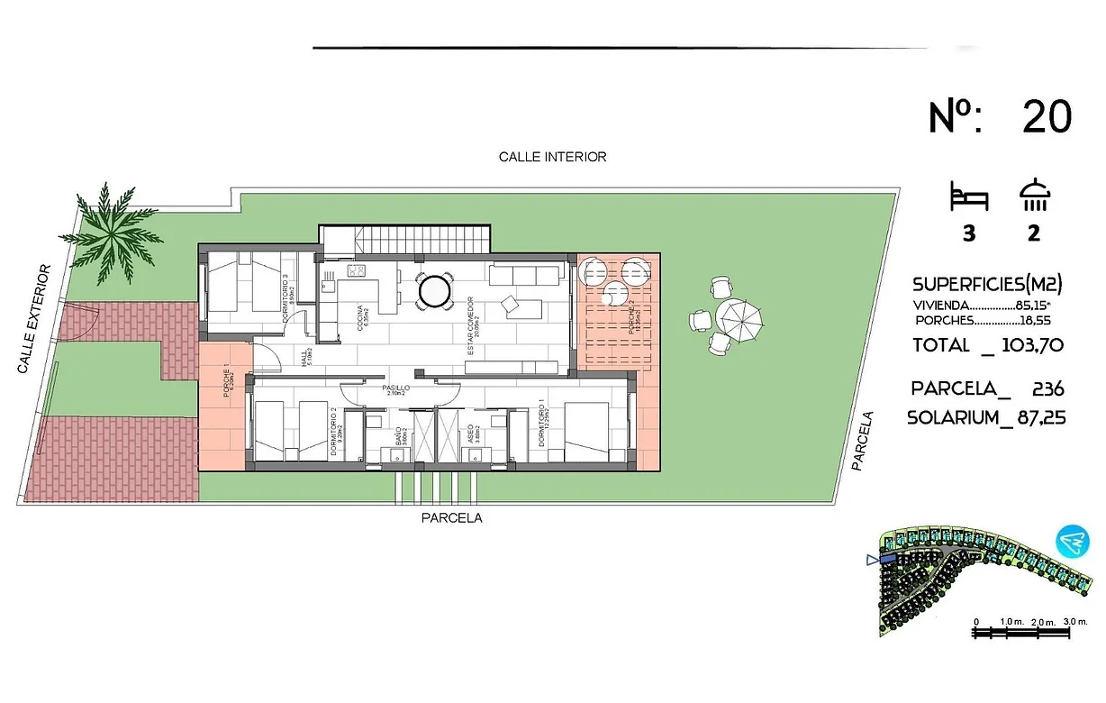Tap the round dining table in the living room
coord(431,290)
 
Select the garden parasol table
coord(739,317)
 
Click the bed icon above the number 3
coord(969,196)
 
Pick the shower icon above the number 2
coord(1034,195)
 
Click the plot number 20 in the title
coord(1047,117)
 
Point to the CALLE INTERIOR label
coord(552,157)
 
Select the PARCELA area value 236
coord(1048,389)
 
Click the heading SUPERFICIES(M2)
coord(987,285)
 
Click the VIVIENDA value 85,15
coord(1037,305)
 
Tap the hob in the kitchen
coord(356,270)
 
